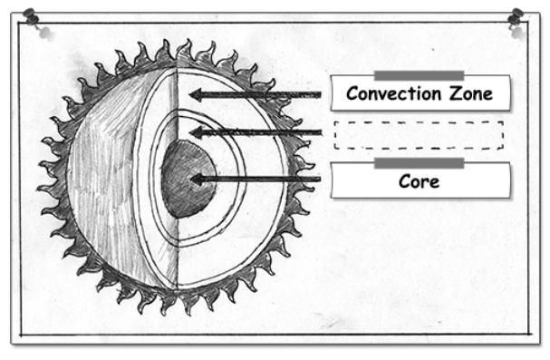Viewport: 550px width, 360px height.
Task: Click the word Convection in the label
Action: pyautogui.click(x=393, y=93)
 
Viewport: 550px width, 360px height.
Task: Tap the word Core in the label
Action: pyautogui.click(x=419, y=181)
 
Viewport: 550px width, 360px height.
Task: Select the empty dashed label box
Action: pyautogui.click(x=419, y=135)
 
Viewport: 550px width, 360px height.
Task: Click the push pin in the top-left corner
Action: pyautogui.click(x=31, y=15)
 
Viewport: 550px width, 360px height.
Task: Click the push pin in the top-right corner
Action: pyautogui.click(x=516, y=16)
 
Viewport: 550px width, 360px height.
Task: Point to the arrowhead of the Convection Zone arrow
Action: pyautogui.click(x=196, y=94)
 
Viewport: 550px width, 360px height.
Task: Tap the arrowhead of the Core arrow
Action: pyautogui.click(x=197, y=180)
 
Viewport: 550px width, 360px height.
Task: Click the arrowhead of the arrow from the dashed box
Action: pyautogui.click(x=196, y=132)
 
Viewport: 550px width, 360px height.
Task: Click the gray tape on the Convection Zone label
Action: pyautogui.click(x=419, y=75)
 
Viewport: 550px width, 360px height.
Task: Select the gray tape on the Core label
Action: pyautogui.click(x=419, y=163)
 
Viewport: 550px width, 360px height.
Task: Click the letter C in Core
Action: pyautogui.click(x=404, y=181)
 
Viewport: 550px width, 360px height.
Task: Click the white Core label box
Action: pyautogui.click(x=420, y=180)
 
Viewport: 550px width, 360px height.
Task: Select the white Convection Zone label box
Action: pyautogui.click(x=420, y=92)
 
